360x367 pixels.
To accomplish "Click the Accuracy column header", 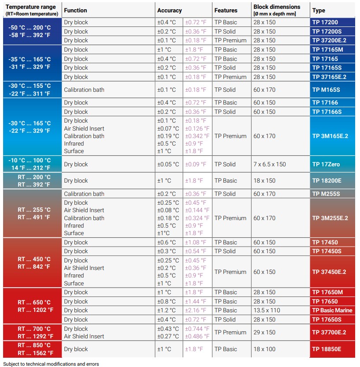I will (170, 10).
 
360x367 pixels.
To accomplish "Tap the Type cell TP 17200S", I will (327, 31).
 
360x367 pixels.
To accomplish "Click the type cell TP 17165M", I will (327, 49).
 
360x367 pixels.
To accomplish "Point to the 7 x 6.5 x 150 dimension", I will (270, 164).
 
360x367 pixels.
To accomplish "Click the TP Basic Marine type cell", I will (332, 310).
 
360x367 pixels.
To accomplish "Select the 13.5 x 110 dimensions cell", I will (267, 310).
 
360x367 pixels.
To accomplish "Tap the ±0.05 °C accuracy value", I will (168, 164).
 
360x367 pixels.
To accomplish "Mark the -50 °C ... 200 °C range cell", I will (30, 27).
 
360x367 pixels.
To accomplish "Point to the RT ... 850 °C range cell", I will (34, 345).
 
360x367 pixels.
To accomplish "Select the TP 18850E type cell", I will (327, 349).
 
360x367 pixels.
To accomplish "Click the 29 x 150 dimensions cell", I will (264, 332).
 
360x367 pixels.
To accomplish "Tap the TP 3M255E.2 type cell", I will (330, 218).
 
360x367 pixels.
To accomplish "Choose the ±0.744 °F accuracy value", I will (197, 329).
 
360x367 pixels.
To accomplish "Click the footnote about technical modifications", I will (51, 364).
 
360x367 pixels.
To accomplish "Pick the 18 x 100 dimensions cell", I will (264, 349).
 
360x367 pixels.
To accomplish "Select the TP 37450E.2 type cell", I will (329, 272).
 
